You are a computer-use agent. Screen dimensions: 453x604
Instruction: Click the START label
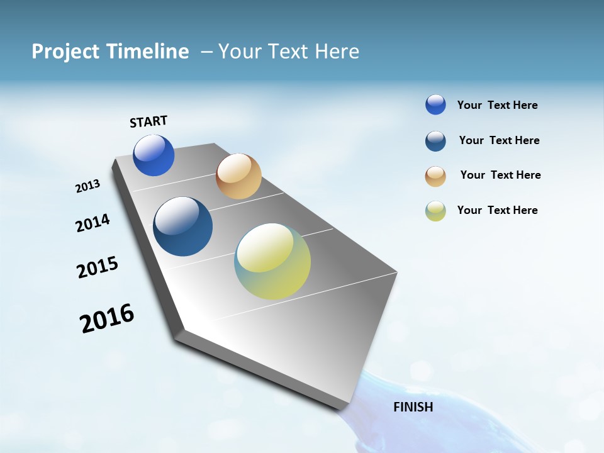[x=148, y=121]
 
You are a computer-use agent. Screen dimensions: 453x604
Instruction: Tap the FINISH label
[x=413, y=407]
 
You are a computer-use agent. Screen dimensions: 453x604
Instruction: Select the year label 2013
[x=87, y=186]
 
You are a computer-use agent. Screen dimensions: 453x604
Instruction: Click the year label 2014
[x=92, y=223]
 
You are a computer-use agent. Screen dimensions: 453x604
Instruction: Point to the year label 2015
[x=98, y=267]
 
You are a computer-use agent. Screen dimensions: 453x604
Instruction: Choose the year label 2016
[x=107, y=318]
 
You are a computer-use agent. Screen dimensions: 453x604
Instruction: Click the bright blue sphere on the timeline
[x=154, y=155]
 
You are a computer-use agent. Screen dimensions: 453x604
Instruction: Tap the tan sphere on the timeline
[x=238, y=176]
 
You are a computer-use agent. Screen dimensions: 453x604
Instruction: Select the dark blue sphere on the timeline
[x=182, y=226]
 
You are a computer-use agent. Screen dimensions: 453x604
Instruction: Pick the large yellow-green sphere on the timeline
[x=272, y=261]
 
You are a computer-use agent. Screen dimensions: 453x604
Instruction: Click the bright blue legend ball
[x=435, y=104]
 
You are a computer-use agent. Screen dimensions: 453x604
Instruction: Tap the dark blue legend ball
[x=435, y=141]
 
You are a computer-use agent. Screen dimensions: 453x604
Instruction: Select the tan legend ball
[x=435, y=176]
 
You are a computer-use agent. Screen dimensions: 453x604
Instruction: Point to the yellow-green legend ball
[x=435, y=211]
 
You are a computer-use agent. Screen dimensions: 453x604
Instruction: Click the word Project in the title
[x=65, y=52]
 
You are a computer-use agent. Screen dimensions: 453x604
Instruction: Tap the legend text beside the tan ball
[x=500, y=175]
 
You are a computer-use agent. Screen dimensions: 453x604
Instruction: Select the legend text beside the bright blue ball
[x=497, y=105]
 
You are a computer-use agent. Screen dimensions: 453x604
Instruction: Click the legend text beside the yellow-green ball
[x=497, y=210]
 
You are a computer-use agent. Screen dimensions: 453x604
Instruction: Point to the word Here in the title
[x=336, y=52]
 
